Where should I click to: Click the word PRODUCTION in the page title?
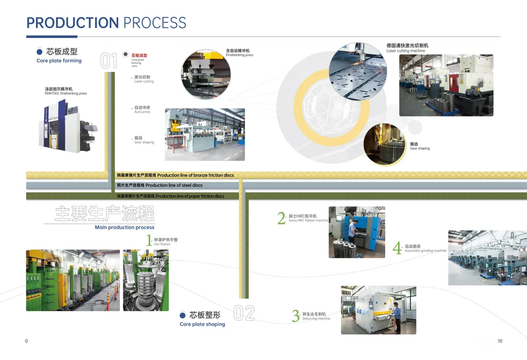(x=72, y=23)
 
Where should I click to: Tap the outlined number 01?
(x=108, y=61)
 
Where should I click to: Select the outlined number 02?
(x=244, y=313)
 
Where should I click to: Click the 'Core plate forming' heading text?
(x=59, y=61)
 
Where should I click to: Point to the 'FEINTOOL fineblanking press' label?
(x=66, y=94)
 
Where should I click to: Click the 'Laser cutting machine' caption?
(x=406, y=51)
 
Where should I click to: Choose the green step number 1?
(x=148, y=241)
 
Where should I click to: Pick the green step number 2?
(x=281, y=218)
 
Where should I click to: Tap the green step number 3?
(x=296, y=316)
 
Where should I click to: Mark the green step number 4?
(x=397, y=248)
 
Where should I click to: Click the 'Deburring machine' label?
(x=316, y=319)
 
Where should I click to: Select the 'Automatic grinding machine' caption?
(x=425, y=251)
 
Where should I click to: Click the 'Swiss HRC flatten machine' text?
(x=308, y=221)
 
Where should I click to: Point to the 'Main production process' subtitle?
(x=124, y=228)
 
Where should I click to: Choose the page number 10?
(x=500, y=341)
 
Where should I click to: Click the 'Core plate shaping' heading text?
(x=202, y=324)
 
